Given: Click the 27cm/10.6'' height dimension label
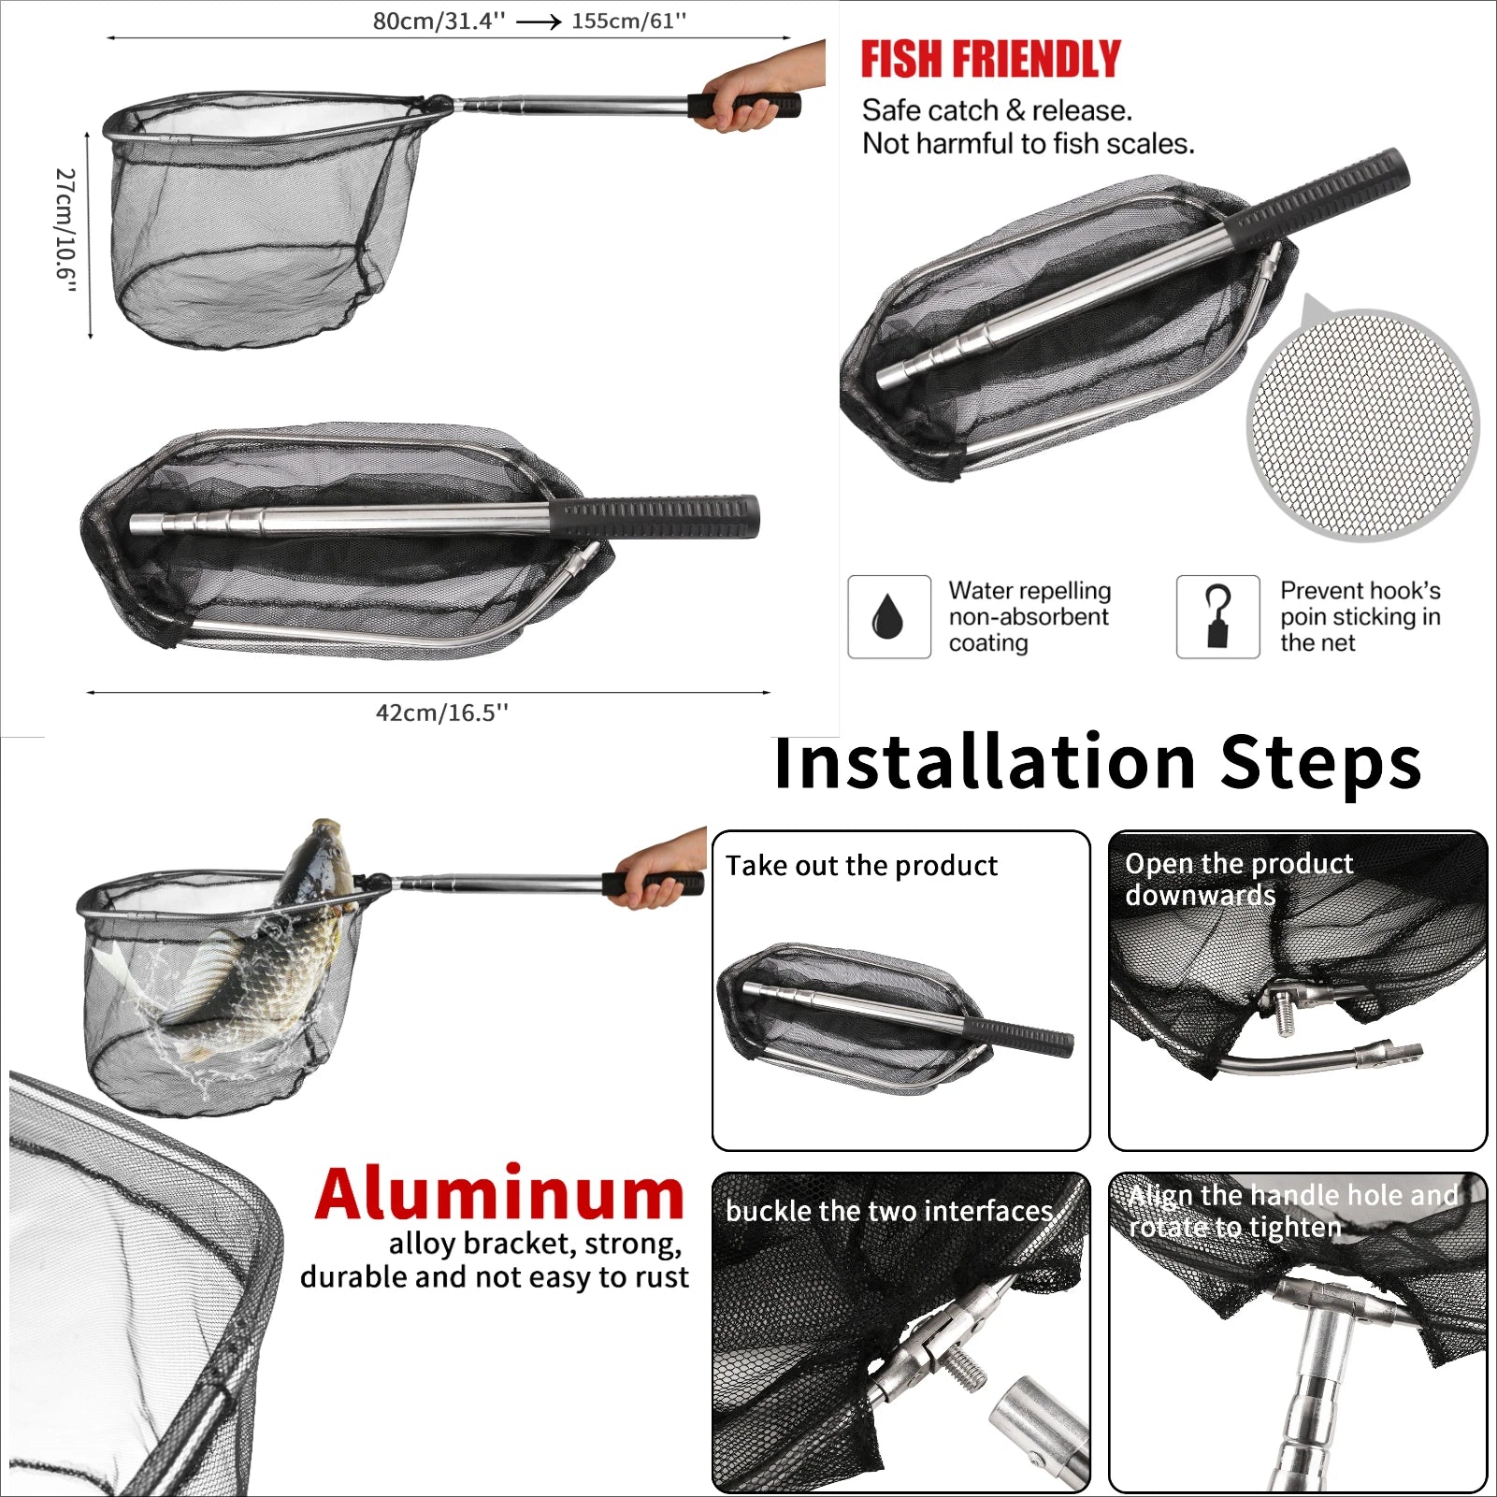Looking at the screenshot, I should pos(65,230).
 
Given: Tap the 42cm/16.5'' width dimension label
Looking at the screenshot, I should pos(441,713).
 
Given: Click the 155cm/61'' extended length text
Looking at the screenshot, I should pos(628,21).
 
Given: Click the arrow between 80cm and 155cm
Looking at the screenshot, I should pos(538,22).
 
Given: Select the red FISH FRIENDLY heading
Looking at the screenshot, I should pos(990,60).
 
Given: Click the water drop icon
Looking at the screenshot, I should pos(888,617).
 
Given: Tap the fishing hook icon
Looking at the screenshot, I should pos(1217,617).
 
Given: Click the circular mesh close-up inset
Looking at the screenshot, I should pos(1362,425).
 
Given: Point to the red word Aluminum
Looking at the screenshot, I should pos(500,1195).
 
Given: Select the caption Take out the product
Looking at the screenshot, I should pos(861,866).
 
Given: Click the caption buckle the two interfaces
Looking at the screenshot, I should pos(890,1212).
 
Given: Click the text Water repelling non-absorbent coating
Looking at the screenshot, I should pos(1029,617).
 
